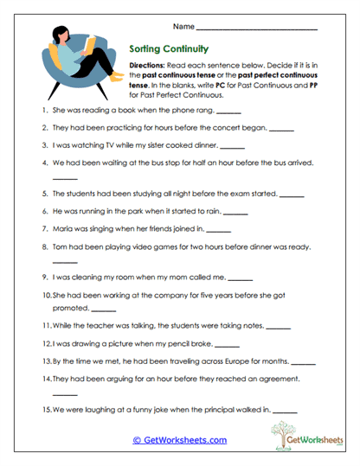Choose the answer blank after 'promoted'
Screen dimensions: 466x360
pyautogui.click(x=103, y=310)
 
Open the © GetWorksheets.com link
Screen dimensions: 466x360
pyautogui.click(x=179, y=440)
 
